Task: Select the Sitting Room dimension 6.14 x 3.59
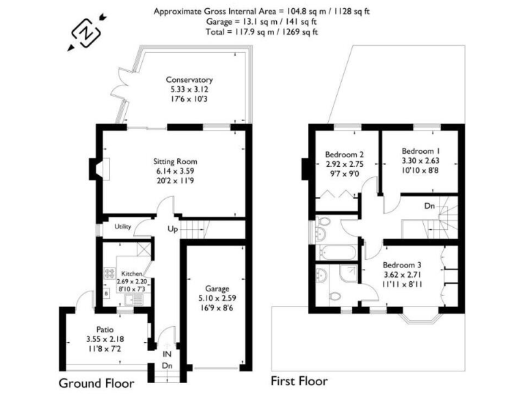(174, 172)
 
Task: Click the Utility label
(122, 226)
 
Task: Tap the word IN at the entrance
(166, 354)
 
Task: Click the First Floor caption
(299, 381)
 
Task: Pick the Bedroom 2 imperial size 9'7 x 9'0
(344, 174)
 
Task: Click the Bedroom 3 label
(401, 265)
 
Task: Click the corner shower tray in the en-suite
(348, 275)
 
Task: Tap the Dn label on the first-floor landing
(429, 205)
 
